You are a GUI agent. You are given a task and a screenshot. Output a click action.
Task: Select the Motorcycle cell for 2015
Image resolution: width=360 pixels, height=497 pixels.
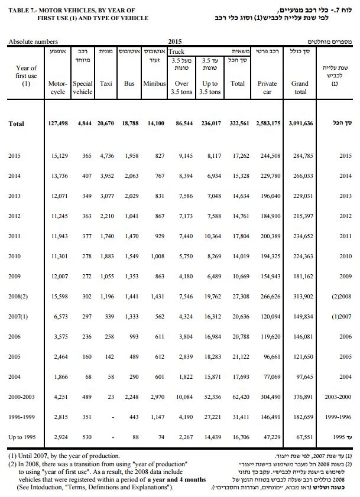pyautogui.click(x=57, y=155)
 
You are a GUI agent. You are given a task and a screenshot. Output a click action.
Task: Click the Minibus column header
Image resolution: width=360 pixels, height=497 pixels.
pyautogui.click(x=155, y=84)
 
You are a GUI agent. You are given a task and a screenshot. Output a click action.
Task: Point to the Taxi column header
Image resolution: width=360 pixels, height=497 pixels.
pyautogui.click(x=106, y=84)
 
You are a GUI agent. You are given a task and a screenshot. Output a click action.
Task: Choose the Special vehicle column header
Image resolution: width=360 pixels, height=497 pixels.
pyautogui.click(x=82, y=88)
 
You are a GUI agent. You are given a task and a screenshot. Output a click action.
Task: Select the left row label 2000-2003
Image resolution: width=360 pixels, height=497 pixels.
pyautogui.click(x=24, y=397)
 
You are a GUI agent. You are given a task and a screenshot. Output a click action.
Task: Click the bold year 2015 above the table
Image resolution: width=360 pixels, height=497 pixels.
pyautogui.click(x=174, y=42)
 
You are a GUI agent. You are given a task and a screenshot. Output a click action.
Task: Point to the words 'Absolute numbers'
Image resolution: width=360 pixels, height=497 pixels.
pyautogui.click(x=33, y=42)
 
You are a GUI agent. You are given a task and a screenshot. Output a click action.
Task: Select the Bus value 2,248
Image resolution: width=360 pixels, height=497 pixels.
pyautogui.click(x=129, y=397)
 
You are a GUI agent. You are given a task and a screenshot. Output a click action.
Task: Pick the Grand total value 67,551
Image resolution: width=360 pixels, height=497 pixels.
pyautogui.click(x=300, y=437)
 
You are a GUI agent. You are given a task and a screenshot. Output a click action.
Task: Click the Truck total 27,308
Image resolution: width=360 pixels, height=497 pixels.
pyautogui.click(x=237, y=296)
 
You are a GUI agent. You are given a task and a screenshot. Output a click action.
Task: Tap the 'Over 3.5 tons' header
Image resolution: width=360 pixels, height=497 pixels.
pyautogui.click(x=181, y=88)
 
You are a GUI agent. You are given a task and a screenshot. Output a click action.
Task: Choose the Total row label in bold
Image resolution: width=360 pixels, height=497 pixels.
pyautogui.click(x=17, y=124)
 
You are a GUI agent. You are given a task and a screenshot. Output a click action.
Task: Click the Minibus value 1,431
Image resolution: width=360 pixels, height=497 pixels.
pyautogui.click(x=155, y=296)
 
